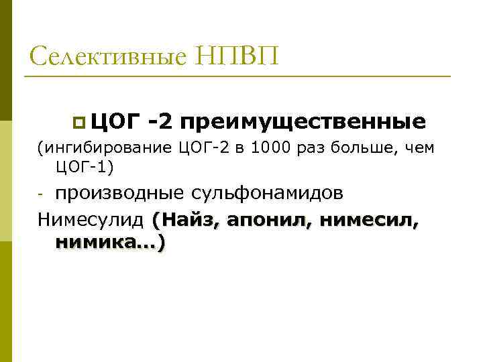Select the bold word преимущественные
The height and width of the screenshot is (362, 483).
tap(302, 122)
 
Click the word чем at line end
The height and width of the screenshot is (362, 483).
tap(421, 147)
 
